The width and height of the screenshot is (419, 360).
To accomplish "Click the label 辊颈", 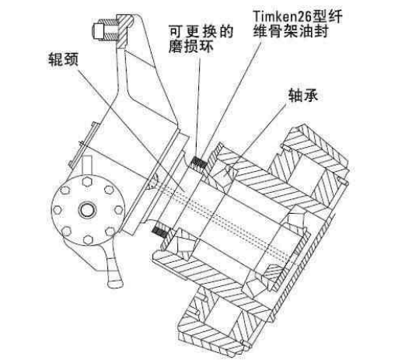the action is [63, 59].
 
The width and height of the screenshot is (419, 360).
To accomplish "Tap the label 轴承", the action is [303, 95].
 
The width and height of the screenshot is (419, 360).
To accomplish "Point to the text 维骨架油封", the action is [290, 31].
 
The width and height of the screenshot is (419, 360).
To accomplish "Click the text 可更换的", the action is [201, 32].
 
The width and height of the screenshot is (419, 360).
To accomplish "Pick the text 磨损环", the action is [191, 47].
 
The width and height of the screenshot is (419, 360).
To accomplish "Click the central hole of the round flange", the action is [87, 210].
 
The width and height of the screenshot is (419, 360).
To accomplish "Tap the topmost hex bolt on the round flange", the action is [87, 182].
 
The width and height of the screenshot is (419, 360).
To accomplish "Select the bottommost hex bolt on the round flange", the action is [88, 239].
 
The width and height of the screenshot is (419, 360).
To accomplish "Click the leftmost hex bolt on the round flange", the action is [57, 210].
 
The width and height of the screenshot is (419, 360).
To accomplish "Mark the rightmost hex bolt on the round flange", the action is [118, 209].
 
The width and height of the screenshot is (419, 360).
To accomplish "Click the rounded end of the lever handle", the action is [115, 283].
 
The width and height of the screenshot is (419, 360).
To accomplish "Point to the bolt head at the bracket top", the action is [96, 30].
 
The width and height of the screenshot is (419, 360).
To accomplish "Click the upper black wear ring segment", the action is [199, 163].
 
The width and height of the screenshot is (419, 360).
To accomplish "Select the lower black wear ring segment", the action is [160, 232].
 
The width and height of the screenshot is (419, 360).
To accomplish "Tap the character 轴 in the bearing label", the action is [295, 95].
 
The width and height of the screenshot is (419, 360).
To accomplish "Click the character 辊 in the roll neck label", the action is [55, 59].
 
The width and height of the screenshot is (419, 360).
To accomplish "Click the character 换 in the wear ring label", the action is [210, 32].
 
